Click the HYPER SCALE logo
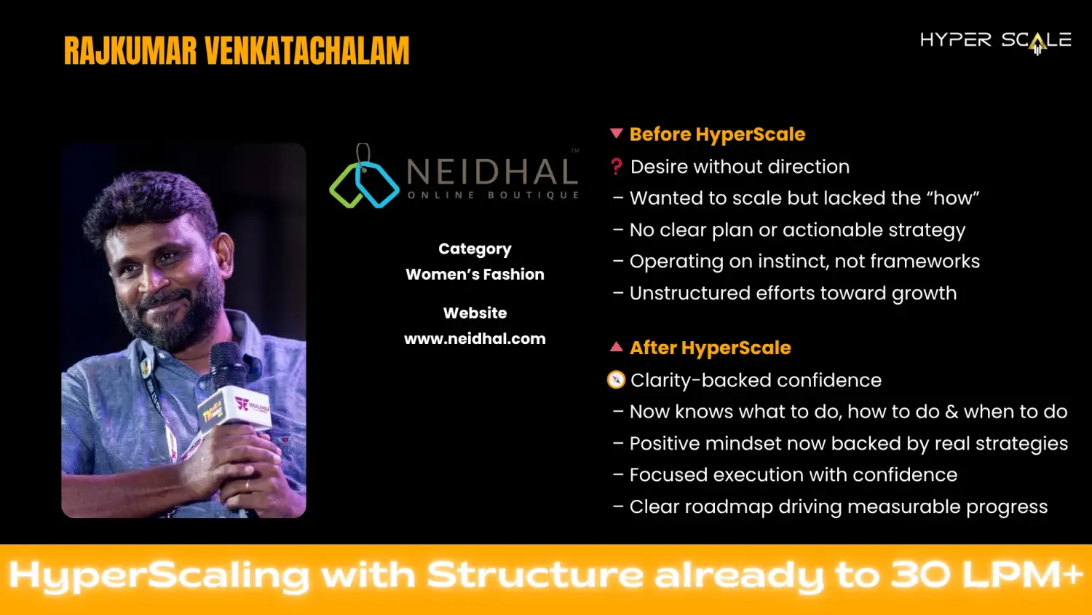click(995, 42)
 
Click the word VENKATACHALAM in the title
click(307, 51)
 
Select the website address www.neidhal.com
click(475, 339)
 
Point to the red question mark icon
click(617, 167)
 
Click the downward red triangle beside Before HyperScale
click(617, 133)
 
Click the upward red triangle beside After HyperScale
click(617, 347)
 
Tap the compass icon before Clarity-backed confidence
click(616, 380)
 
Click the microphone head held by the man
click(226, 364)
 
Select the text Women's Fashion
click(475, 274)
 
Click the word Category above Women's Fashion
click(475, 249)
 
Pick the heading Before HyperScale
click(717, 134)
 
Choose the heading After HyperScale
click(711, 348)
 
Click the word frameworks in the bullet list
click(925, 262)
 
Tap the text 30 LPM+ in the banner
click(986, 575)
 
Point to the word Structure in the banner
click(535, 575)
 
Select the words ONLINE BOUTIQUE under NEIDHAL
click(493, 195)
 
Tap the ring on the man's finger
click(248, 485)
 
